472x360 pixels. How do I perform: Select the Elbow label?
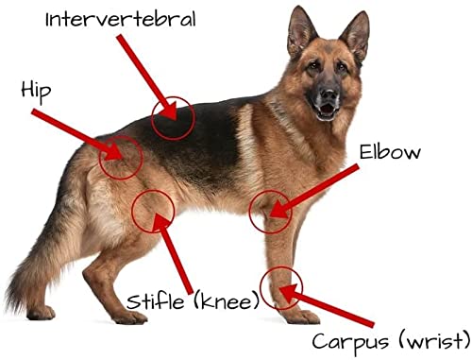click(x=390, y=150)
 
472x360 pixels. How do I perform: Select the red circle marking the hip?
click(x=121, y=156)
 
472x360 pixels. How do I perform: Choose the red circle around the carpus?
click(x=281, y=287)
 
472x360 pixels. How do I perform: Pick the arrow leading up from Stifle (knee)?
click(x=176, y=252)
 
